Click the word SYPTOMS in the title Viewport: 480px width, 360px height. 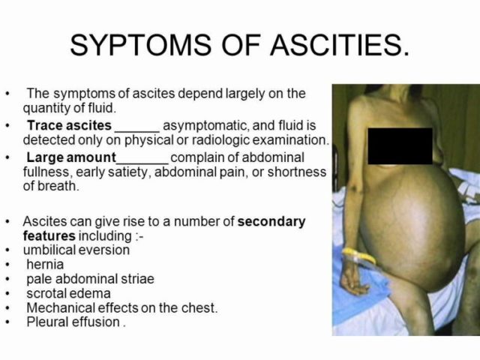(140, 45)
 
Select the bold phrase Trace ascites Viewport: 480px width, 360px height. (69, 125)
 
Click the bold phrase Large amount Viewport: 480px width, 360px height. (71, 157)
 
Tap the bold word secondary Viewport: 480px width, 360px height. (271, 222)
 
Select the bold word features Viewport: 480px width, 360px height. (49, 235)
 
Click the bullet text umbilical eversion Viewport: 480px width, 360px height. (76, 250)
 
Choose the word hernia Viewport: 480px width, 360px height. (45, 265)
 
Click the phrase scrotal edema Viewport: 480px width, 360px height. (68, 293)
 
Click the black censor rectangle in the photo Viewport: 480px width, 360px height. (400, 146)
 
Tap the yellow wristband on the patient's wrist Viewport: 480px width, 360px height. (359, 256)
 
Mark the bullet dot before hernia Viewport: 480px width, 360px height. (8, 265)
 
